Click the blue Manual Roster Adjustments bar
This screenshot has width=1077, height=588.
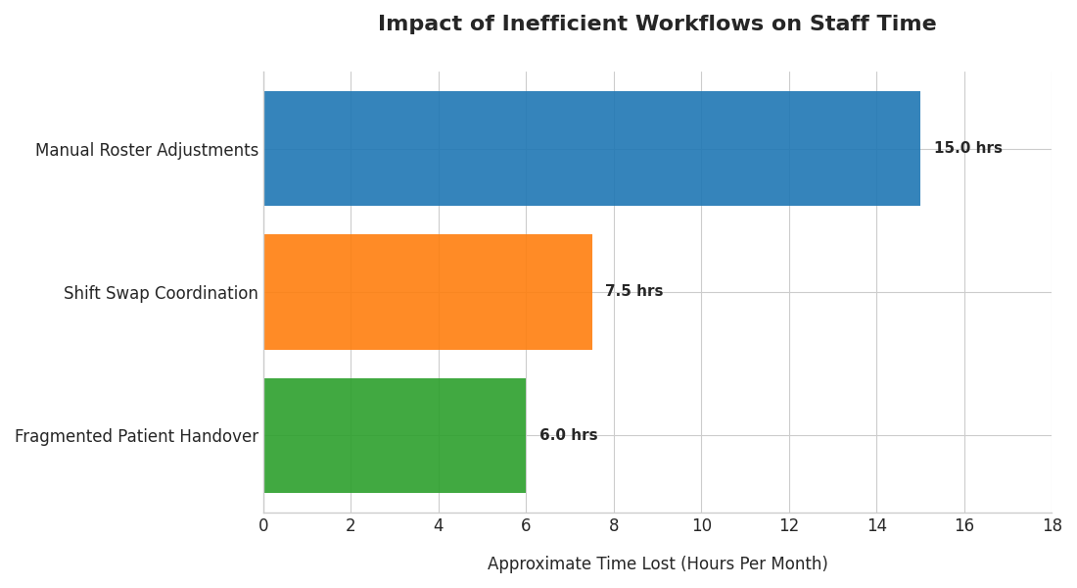(591, 148)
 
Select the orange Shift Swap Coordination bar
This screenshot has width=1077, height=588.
(428, 292)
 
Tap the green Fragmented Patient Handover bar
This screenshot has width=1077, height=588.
(395, 435)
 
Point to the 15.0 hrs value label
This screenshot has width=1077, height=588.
(967, 148)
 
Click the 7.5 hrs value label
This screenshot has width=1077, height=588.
(633, 291)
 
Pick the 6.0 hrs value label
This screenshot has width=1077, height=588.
(568, 435)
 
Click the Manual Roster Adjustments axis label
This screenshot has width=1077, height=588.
(147, 150)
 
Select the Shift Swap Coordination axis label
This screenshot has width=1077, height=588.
(161, 293)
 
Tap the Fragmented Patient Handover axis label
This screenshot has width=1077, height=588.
(136, 436)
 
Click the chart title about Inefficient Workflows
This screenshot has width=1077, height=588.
(657, 24)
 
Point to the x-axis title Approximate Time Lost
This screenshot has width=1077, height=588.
(657, 563)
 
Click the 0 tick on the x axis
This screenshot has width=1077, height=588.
(263, 526)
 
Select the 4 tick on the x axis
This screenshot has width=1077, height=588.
(439, 526)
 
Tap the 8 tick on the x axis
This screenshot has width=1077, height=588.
(614, 526)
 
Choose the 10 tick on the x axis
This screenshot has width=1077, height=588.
(701, 526)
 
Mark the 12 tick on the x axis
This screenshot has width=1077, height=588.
(789, 526)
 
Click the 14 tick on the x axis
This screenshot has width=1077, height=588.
(876, 526)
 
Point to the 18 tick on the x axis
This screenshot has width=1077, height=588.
(1052, 526)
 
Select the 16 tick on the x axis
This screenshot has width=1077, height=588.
(964, 526)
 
